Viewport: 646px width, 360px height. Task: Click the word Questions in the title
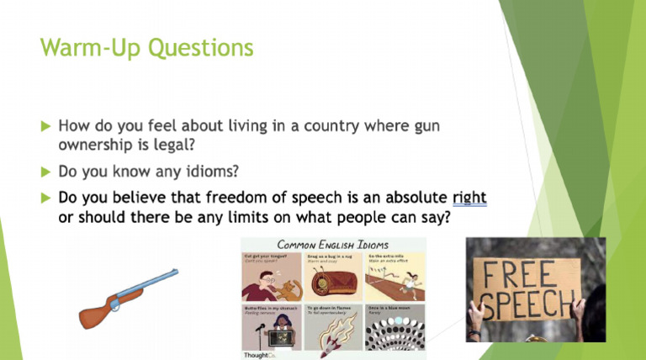click(200, 47)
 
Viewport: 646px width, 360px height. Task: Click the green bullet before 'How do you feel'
click(45, 126)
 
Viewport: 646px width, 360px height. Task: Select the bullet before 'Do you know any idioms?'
click(45, 172)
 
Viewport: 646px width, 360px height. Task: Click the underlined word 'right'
click(469, 199)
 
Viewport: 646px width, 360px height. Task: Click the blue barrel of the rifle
click(152, 283)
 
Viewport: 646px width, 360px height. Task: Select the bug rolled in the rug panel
click(334, 282)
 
